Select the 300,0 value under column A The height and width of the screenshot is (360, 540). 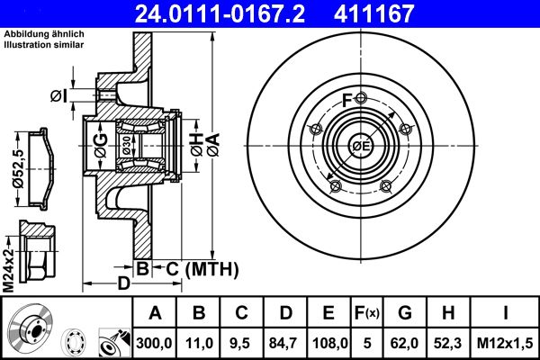[155, 342]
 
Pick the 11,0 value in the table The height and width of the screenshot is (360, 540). [198, 342]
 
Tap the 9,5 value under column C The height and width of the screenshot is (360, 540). [241, 342]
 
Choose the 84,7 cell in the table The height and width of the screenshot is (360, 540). [284, 342]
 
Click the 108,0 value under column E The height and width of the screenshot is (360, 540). [328, 342]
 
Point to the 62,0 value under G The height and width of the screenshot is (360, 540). [405, 342]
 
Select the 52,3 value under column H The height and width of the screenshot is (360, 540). [447, 342]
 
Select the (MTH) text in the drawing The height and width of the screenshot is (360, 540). [210, 268]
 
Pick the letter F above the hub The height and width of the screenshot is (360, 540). [346, 100]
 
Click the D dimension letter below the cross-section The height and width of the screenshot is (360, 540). [125, 283]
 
